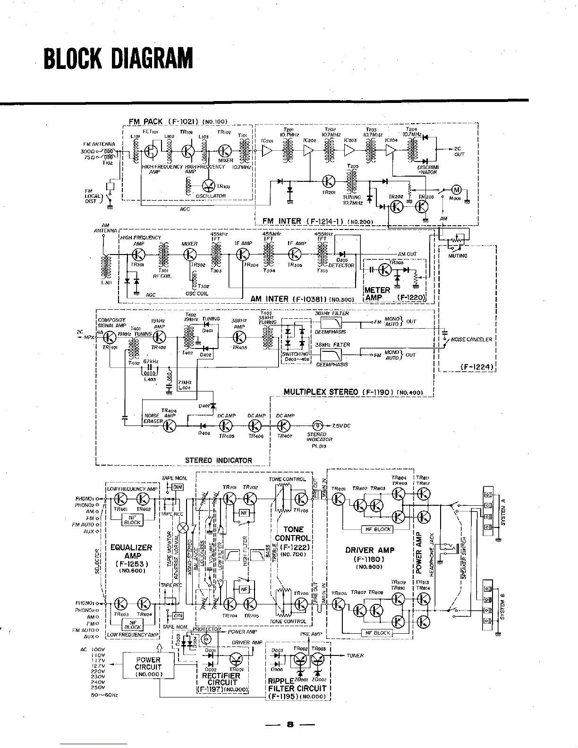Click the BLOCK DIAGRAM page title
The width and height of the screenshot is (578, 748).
click(x=118, y=58)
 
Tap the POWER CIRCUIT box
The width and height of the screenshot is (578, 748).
click(x=148, y=667)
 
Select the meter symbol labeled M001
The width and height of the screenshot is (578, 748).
click(x=457, y=190)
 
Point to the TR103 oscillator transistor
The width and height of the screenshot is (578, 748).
click(x=209, y=186)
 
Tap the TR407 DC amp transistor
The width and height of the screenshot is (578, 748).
click(x=284, y=425)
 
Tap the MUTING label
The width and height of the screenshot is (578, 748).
click(x=457, y=255)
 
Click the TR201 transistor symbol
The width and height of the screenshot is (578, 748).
click(x=329, y=181)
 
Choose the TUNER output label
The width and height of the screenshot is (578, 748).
click(x=355, y=655)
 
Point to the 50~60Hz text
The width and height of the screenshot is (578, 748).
click(x=104, y=695)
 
